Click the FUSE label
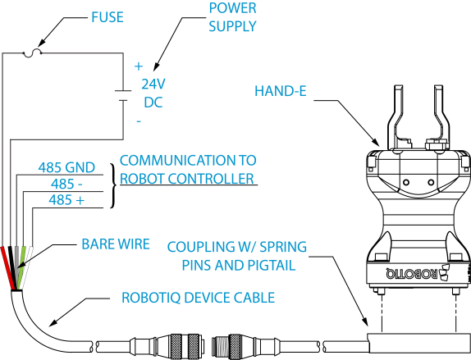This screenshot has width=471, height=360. coord(107,17)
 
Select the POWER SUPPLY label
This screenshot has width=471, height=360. coord(232,17)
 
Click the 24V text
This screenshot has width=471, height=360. coord(153,84)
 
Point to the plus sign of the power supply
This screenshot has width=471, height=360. coord(139,66)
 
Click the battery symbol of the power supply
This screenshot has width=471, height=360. coord(123,95)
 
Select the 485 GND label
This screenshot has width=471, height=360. coord(66,167)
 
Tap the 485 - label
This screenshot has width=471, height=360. coord(66,184)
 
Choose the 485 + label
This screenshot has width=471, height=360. coord(66,200)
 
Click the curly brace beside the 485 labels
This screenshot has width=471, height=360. coord(113,185)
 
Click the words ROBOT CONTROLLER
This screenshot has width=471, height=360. coord(187,179)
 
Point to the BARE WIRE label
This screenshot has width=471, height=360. coord(116,244)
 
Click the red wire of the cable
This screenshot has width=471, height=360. coord(7,268)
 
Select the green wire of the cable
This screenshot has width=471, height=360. coord(22,267)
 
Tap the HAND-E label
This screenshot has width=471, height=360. coord(281,91)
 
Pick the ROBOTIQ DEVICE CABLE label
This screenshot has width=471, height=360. coord(198,298)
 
